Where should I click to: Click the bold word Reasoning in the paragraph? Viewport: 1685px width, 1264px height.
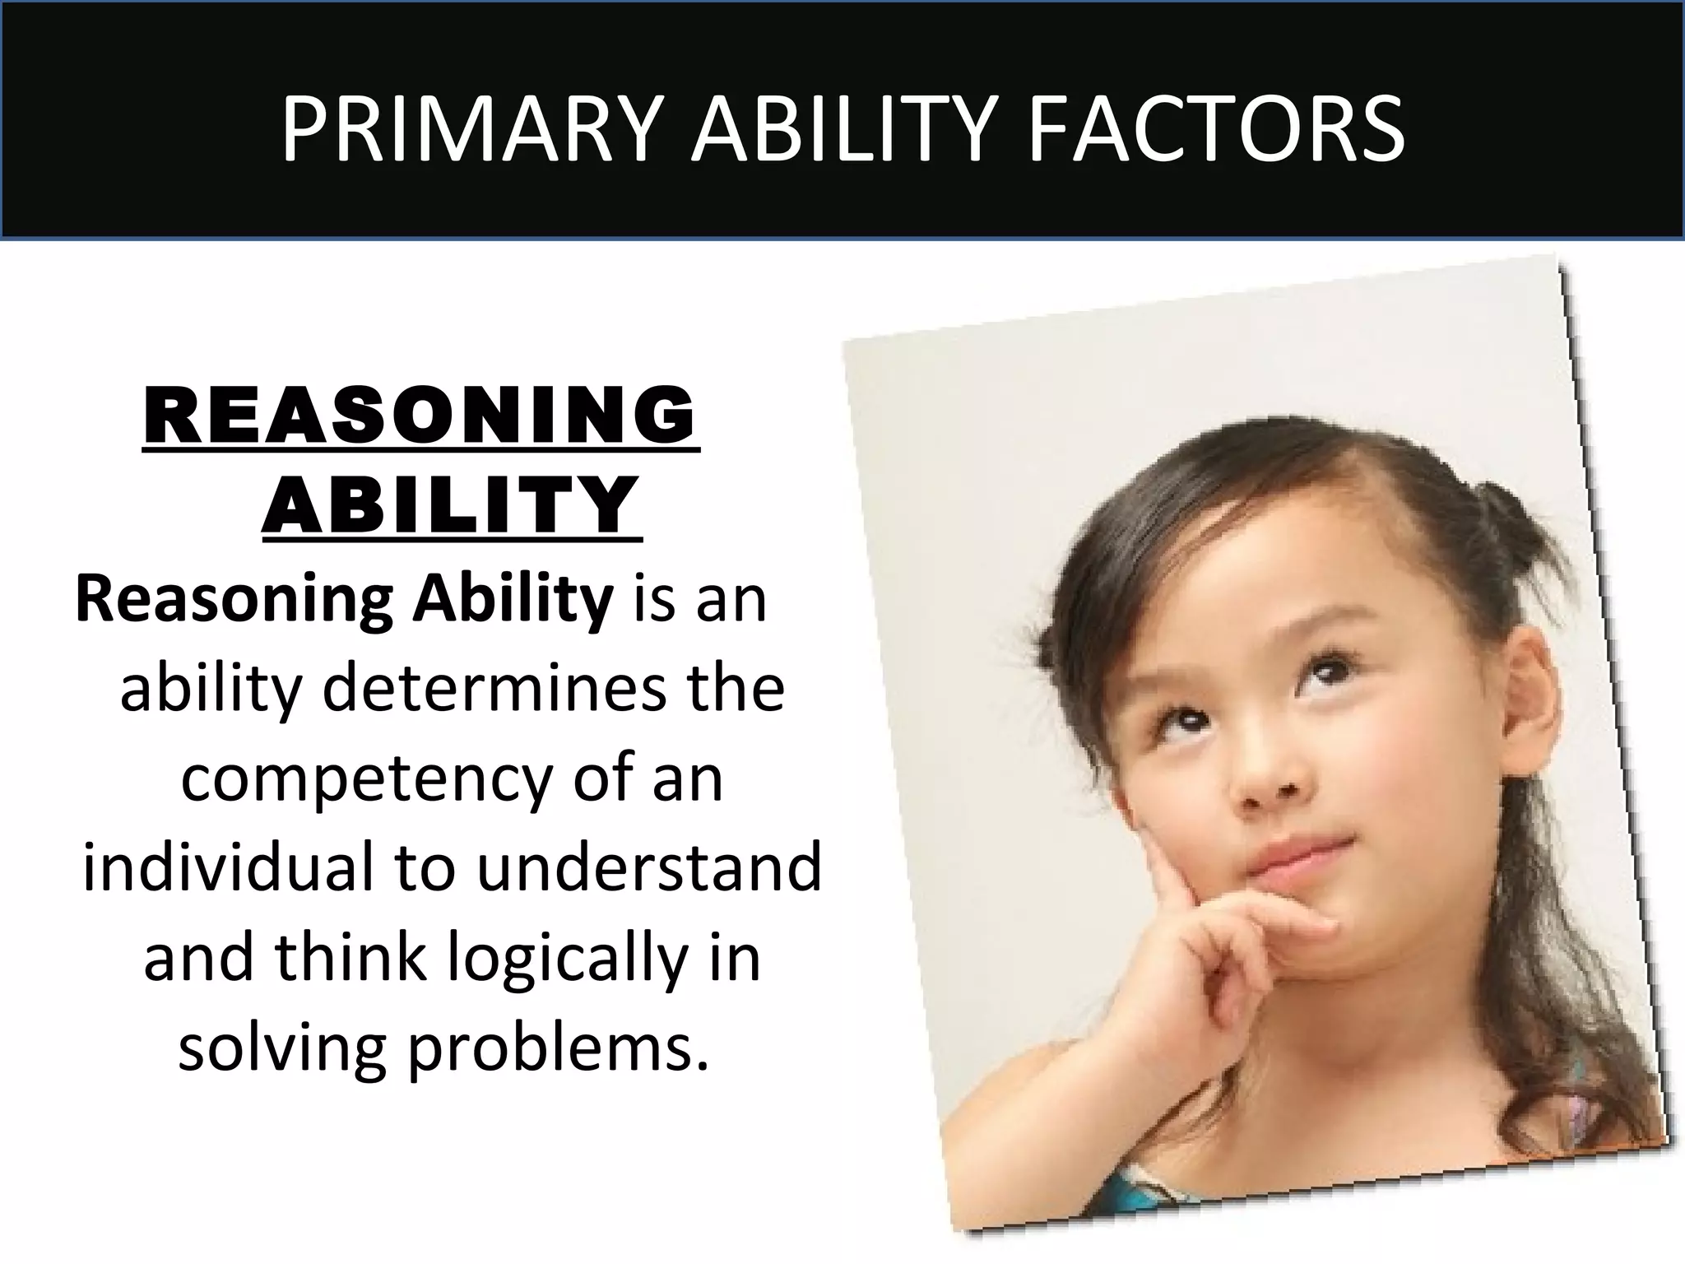click(234, 598)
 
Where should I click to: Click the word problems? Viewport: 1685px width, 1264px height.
click(558, 1049)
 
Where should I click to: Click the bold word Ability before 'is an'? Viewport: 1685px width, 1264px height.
click(513, 598)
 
